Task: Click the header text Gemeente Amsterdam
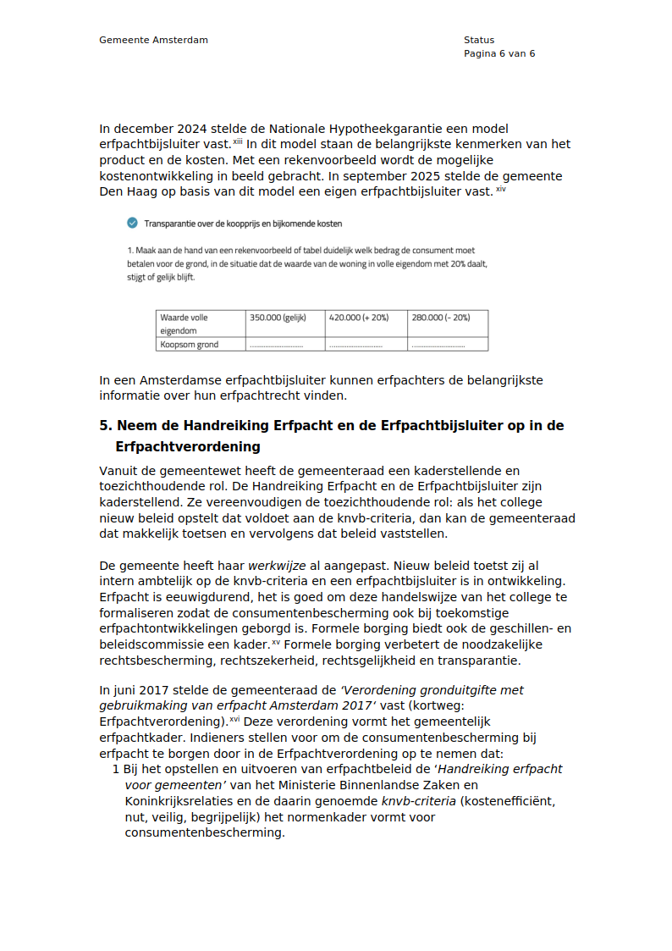point(153,40)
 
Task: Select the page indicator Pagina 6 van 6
point(498,53)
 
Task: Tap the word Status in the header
point(478,40)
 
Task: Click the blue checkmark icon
point(131,224)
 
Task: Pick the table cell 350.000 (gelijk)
point(278,318)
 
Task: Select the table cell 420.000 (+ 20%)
point(358,318)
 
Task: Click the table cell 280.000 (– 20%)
point(440,318)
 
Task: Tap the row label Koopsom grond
point(189,345)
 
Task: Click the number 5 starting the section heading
point(103,426)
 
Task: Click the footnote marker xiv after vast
point(501,189)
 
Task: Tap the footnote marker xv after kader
point(276,642)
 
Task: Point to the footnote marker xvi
point(235,719)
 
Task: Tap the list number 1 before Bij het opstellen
point(116,769)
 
